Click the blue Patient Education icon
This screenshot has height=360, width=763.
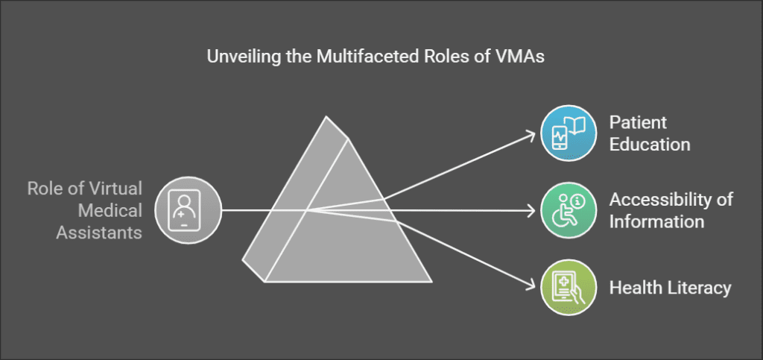pyautogui.click(x=568, y=133)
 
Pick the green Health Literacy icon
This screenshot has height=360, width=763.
pyautogui.click(x=568, y=288)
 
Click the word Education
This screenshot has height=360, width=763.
pyautogui.click(x=650, y=144)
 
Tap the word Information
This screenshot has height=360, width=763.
pyautogui.click(x=656, y=221)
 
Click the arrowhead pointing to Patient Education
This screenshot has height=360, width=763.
pyautogui.click(x=531, y=135)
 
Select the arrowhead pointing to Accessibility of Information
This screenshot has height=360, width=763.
pyautogui.click(x=532, y=210)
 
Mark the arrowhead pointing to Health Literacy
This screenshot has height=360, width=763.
pyautogui.click(x=531, y=285)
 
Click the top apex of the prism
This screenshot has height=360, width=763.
pyautogui.click(x=326, y=116)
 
